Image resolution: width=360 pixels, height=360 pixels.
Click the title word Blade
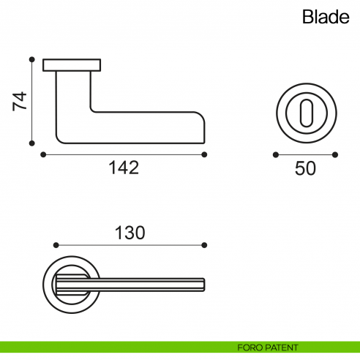pyautogui.click(x=326, y=18)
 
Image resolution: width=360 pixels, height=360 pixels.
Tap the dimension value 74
pyautogui.click(x=20, y=101)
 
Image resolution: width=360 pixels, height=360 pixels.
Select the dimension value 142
pyautogui.click(x=124, y=168)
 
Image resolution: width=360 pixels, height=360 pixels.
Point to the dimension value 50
pyautogui.click(x=305, y=168)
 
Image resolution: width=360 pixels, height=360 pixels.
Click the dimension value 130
pyautogui.click(x=130, y=233)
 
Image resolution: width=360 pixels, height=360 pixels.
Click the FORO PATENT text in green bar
pyautogui.click(x=268, y=347)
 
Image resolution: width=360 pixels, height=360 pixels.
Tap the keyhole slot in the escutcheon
pyautogui.click(x=305, y=113)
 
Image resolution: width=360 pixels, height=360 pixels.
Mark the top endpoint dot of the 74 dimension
pyautogui.click(x=31, y=59)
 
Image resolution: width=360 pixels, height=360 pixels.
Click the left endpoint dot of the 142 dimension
pyautogui.click(x=43, y=154)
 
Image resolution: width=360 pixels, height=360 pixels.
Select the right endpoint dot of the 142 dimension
pyautogui.click(x=204, y=154)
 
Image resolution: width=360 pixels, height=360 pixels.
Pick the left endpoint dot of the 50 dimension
pyautogui.click(x=275, y=154)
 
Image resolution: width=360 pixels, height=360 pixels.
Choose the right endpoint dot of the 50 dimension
pyautogui.click(x=335, y=154)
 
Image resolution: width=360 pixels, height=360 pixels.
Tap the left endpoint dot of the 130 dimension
pyautogui.click(x=56, y=244)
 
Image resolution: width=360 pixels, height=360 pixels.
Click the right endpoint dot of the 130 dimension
pyautogui.click(x=204, y=244)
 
